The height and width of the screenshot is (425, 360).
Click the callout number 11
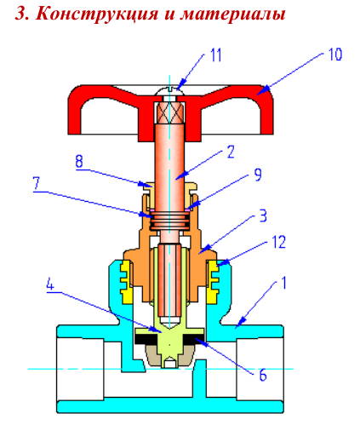pos(215,55)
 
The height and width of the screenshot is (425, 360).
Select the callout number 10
pos(335,54)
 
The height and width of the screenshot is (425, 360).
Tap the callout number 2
pos(231,152)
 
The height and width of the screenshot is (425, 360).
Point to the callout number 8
pos(79,161)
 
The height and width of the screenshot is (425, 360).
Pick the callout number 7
pos(37,184)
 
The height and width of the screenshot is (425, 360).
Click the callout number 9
pos(258,175)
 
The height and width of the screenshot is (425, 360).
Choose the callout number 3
pos(263,215)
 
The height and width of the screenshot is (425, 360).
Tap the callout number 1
pos(283,283)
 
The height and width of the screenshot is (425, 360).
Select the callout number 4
pos(50,284)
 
